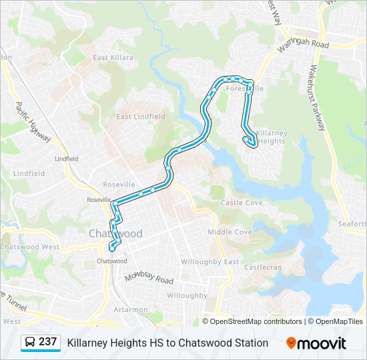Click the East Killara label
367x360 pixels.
pos(113,58)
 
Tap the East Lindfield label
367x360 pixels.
pos(141,117)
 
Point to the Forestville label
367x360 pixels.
pos(245,88)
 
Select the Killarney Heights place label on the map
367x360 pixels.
pos(271,137)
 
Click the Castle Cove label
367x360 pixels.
pos(242,203)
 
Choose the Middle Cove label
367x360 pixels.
pos(230,232)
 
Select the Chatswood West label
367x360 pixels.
pos(30,247)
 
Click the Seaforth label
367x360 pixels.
pos(352,224)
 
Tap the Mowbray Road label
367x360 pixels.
pos(149,277)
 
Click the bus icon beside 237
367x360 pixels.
pos(30,343)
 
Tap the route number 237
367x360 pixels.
pos(48,342)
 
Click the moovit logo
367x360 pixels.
pos(316,343)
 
